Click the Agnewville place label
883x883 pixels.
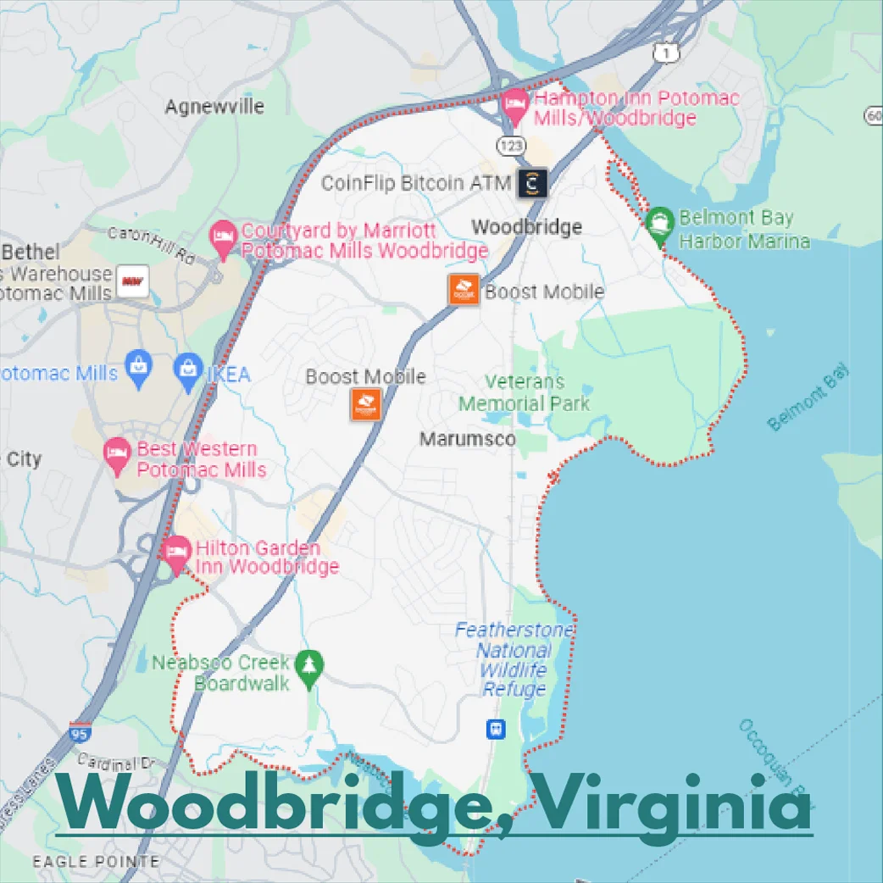[x=214, y=107]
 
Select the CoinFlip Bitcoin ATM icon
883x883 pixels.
[x=532, y=182]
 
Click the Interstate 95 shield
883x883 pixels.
[x=80, y=732]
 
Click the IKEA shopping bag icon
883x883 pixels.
[x=188, y=371]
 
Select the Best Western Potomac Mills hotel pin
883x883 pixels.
[x=117, y=455]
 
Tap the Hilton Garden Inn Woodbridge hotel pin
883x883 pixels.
[x=176, y=553]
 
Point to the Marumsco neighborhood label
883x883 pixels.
[x=468, y=439]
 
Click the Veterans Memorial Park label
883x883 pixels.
[x=524, y=393]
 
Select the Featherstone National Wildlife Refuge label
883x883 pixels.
[x=514, y=660]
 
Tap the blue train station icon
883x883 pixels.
[x=496, y=728]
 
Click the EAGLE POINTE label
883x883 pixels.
[x=96, y=862]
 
